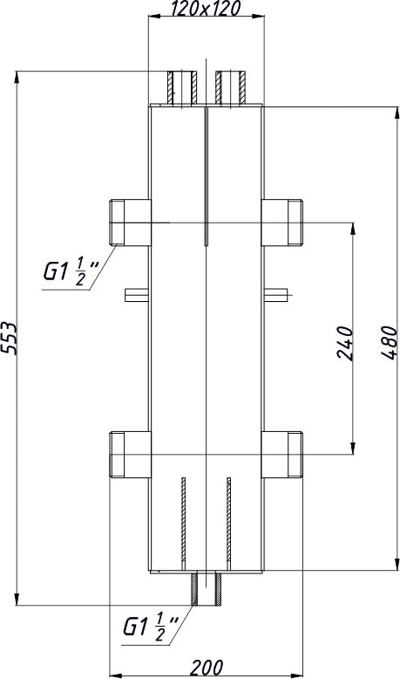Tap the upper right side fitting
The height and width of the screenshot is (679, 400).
click(x=281, y=222)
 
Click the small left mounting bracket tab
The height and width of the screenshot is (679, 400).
click(x=137, y=294)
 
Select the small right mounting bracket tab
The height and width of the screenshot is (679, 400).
click(x=274, y=294)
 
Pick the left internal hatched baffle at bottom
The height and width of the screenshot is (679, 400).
click(x=183, y=521)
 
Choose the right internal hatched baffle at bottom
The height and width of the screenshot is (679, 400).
click(x=227, y=521)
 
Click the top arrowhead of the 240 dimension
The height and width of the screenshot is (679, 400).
click(x=353, y=230)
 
